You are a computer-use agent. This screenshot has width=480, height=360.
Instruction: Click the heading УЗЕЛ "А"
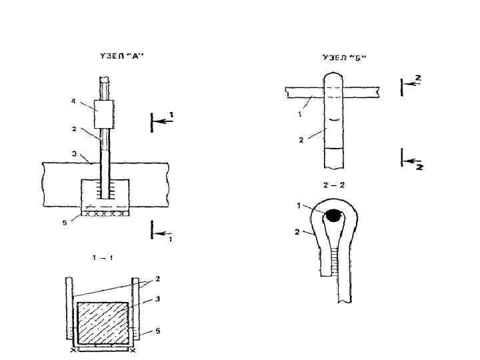point(122,56)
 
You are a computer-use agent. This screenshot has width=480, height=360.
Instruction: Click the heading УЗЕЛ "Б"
point(345,57)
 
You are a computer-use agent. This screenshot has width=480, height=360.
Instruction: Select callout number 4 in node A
point(73,101)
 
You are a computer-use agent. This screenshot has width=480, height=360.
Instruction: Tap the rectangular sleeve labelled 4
point(104,114)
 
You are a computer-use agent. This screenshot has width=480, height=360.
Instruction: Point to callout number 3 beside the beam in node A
point(75,154)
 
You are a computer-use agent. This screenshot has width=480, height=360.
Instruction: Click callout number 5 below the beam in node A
point(65,223)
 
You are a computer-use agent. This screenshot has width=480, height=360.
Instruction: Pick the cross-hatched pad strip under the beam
point(105,213)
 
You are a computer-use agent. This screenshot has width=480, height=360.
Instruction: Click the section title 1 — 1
point(103,258)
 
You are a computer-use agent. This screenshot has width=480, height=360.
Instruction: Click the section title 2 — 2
point(334,185)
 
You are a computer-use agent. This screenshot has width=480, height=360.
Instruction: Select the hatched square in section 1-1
point(103,323)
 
